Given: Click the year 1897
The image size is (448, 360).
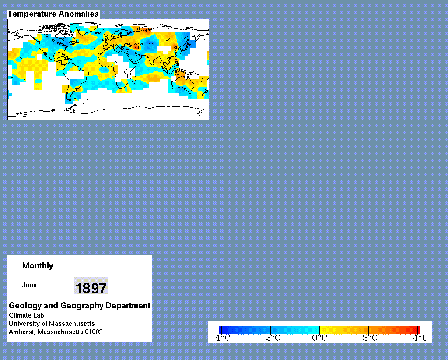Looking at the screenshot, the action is tap(91, 288).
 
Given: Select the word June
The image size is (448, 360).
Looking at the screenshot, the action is tap(29, 285).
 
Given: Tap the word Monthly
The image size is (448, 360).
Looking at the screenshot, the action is tap(38, 266).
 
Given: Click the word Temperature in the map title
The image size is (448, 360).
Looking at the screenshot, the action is tap(31, 14).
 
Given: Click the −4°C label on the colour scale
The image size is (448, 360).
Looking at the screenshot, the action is tap(219, 338).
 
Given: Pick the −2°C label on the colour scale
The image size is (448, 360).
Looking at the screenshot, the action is tap(269, 338).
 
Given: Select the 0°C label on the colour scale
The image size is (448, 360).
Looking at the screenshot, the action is tap(319, 338).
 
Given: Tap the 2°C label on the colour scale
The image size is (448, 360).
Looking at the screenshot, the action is tap(370, 338).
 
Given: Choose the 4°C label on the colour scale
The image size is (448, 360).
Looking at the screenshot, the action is tap(420, 338).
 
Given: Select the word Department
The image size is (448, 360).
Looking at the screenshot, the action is tap(128, 306).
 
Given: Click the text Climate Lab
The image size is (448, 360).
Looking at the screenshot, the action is tap(26, 315).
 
